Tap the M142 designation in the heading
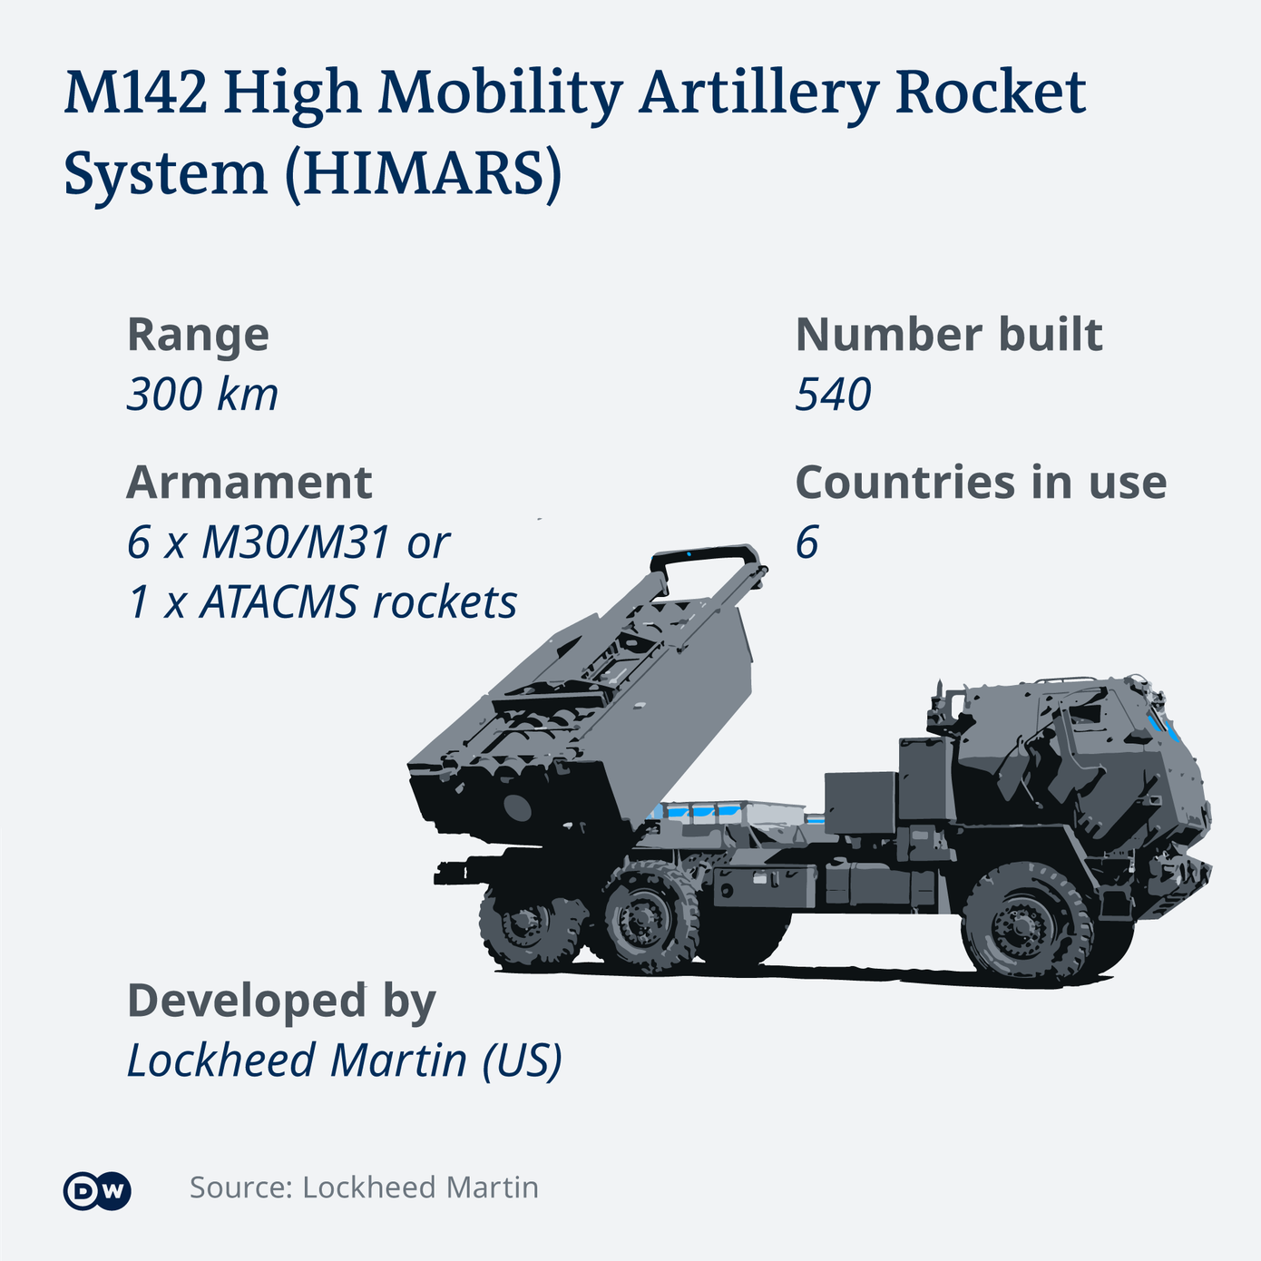tap(135, 93)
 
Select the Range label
tap(198, 335)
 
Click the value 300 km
tap(202, 395)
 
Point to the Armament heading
tap(249, 482)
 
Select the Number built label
tap(948, 335)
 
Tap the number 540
tap(833, 395)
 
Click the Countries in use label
tap(981, 482)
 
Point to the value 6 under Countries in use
tap(806, 543)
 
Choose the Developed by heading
tap(281, 1001)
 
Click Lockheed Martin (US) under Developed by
tap(344, 1061)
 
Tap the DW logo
tap(97, 1191)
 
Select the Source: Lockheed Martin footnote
tap(364, 1188)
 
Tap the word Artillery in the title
tap(758, 93)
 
